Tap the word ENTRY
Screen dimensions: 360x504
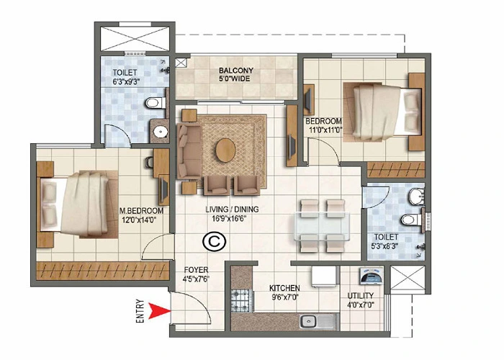(x=140, y=312)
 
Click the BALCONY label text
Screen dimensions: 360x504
(x=236, y=71)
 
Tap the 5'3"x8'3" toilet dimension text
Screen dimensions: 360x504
(x=387, y=246)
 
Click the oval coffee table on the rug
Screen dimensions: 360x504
(x=225, y=150)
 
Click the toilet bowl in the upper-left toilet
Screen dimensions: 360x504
(x=153, y=104)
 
